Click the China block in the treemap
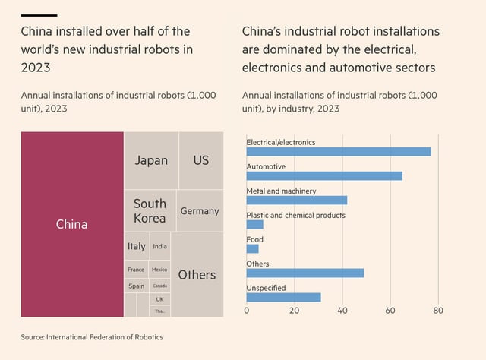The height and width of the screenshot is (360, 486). [x=72, y=224]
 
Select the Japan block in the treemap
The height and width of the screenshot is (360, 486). [x=151, y=160]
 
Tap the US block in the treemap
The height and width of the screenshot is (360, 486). [x=201, y=160]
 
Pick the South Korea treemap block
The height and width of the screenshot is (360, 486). [x=150, y=211]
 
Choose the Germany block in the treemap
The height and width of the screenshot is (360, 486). [x=200, y=211]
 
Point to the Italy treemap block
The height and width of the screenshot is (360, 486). [x=137, y=246]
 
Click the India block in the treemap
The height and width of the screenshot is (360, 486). [x=159, y=246]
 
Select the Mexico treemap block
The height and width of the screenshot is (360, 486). [x=159, y=270]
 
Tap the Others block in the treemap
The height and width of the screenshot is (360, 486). [x=197, y=275]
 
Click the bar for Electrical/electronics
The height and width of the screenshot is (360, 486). [x=339, y=152]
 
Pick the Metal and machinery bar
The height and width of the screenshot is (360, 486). [x=297, y=201]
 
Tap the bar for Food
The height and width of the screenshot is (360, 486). [x=252, y=248]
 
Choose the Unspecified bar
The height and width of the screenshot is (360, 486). [x=284, y=297]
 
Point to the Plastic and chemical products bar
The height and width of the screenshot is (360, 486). [x=255, y=225]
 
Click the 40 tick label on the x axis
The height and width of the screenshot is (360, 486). [x=342, y=311]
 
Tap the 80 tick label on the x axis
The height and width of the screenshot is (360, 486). [x=438, y=311]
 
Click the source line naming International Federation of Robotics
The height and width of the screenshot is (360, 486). [x=92, y=336]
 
